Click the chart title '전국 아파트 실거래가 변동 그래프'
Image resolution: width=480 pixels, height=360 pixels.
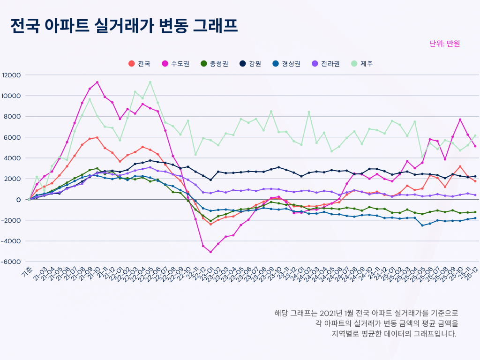click(124, 26)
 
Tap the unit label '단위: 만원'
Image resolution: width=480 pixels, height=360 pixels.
click(444, 44)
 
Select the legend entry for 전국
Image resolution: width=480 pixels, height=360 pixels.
click(139, 64)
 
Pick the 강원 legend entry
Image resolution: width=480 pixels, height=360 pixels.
click(250, 64)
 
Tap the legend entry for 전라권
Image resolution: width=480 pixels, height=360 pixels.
click(326, 64)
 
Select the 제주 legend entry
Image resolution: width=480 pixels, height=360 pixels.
click(362, 64)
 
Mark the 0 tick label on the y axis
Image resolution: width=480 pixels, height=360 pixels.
click(18, 200)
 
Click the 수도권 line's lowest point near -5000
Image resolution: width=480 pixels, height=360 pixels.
click(210, 252)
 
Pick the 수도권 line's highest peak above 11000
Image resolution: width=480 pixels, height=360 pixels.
click(97, 82)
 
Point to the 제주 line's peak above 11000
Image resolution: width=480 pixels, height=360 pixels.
click(150, 82)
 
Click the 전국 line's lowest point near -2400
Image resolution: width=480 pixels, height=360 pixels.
click(210, 224)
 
